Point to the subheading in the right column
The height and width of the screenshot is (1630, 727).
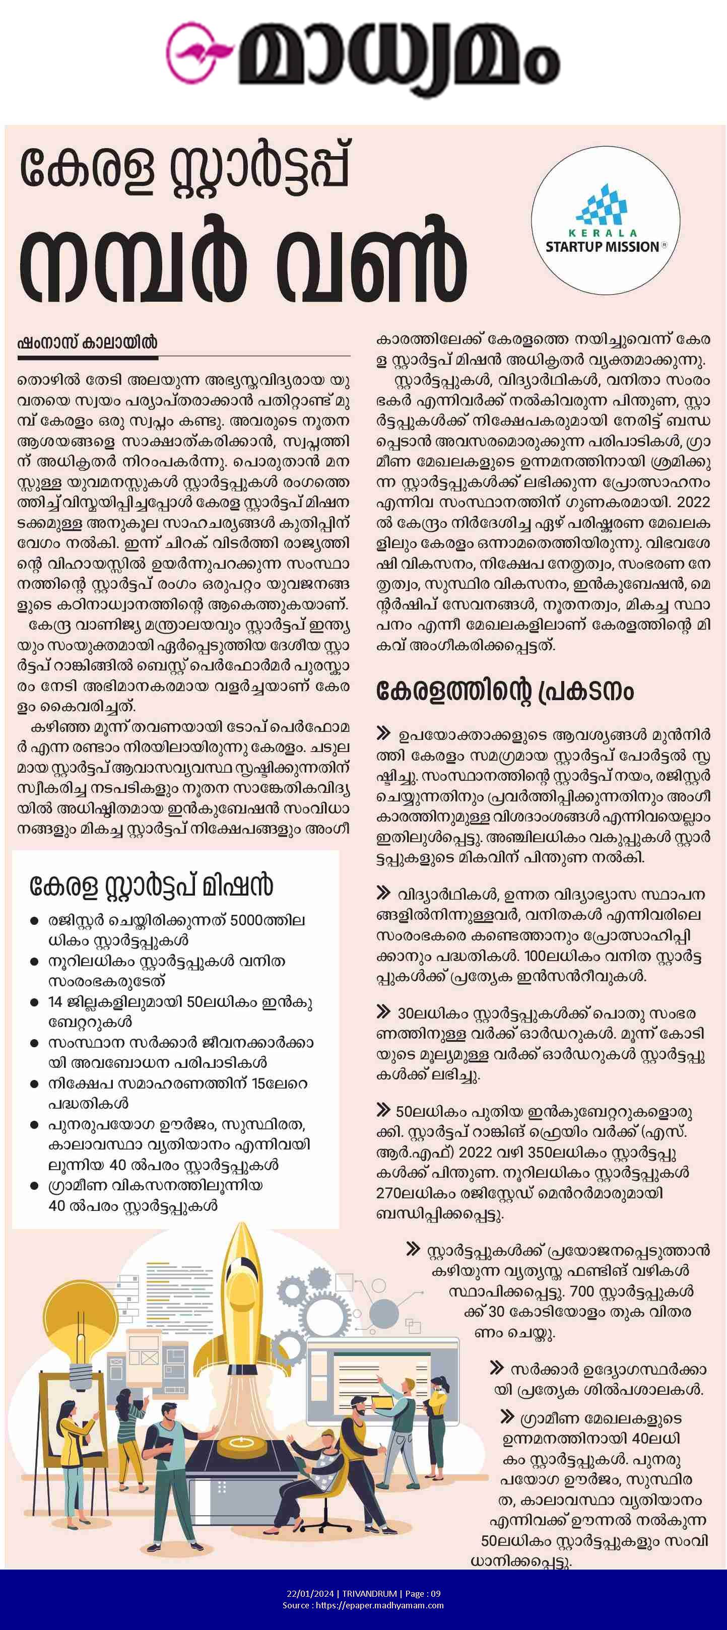(x=504, y=691)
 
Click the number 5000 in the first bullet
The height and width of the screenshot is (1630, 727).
(x=250, y=920)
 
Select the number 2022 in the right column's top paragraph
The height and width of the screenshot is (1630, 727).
(x=693, y=502)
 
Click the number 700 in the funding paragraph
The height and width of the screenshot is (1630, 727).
(x=581, y=1291)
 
